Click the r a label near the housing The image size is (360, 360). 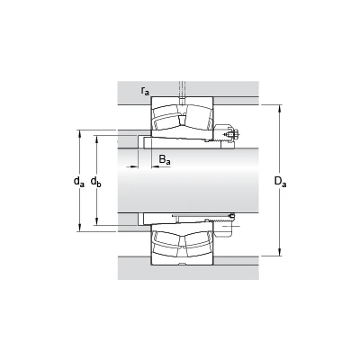tap(145, 91)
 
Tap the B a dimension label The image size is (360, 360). tap(165, 159)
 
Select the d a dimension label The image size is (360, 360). tap(79, 181)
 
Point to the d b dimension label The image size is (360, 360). tap(96, 181)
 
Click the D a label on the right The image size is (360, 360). tap(281, 182)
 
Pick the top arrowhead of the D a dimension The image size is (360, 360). tap(280, 109)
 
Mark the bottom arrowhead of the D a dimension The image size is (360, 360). tap(280, 252)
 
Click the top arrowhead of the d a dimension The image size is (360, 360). tap(80, 134)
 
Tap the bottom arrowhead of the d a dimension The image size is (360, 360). tap(80, 228)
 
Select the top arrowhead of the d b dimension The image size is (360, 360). tap(96, 139)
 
